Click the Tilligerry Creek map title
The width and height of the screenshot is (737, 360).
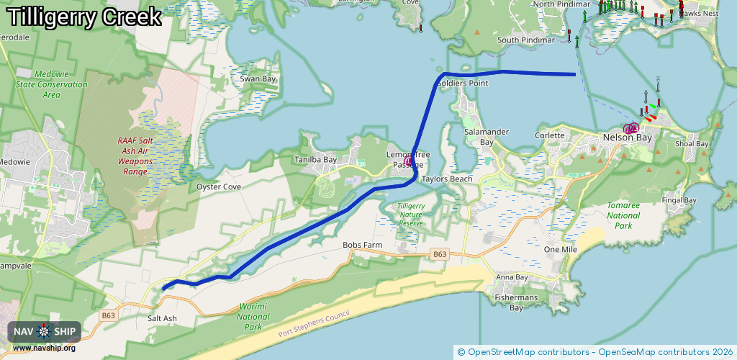pyautogui.click(x=84, y=17)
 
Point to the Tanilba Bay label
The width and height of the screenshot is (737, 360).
pyautogui.click(x=315, y=160)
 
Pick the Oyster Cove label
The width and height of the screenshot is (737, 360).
pyautogui.click(x=219, y=186)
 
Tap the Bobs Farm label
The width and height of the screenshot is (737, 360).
pyautogui.click(x=362, y=246)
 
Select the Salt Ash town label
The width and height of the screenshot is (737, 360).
pyautogui.click(x=161, y=318)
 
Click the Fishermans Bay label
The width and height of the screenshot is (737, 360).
pyautogui.click(x=516, y=303)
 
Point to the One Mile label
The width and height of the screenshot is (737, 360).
pyautogui.click(x=561, y=249)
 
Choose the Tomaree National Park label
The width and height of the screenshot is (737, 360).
pyautogui.click(x=623, y=215)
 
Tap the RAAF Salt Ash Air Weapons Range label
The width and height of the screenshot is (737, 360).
pyautogui.click(x=135, y=156)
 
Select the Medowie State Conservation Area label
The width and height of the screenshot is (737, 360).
pyautogui.click(x=51, y=84)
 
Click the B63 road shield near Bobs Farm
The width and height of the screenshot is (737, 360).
pyautogui.click(x=440, y=254)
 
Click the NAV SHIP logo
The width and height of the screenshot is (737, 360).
pyautogui.click(x=45, y=332)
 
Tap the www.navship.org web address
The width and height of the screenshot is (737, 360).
pyautogui.click(x=44, y=348)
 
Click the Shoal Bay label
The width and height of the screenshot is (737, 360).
pyautogui.click(x=692, y=144)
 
